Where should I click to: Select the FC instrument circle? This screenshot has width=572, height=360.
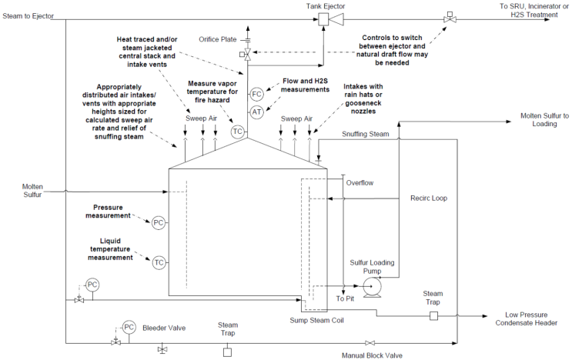(x=257, y=94)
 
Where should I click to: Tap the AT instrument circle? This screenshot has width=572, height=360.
(x=257, y=112)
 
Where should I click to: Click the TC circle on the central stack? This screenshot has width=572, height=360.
(x=238, y=132)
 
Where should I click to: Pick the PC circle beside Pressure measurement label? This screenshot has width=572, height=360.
(x=159, y=222)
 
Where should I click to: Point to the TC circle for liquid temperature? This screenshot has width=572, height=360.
(x=159, y=262)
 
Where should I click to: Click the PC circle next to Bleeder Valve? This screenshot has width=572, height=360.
(x=129, y=326)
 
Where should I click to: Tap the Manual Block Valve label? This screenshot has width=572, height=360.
(x=372, y=355)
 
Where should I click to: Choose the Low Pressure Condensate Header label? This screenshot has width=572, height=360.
(x=530, y=318)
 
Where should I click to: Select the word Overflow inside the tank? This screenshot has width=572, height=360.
(x=360, y=184)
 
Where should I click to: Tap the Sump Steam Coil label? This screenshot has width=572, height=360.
(x=316, y=319)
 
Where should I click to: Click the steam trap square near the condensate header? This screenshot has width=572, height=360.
(x=433, y=315)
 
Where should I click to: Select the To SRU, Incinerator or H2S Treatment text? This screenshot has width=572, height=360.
(x=528, y=10)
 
